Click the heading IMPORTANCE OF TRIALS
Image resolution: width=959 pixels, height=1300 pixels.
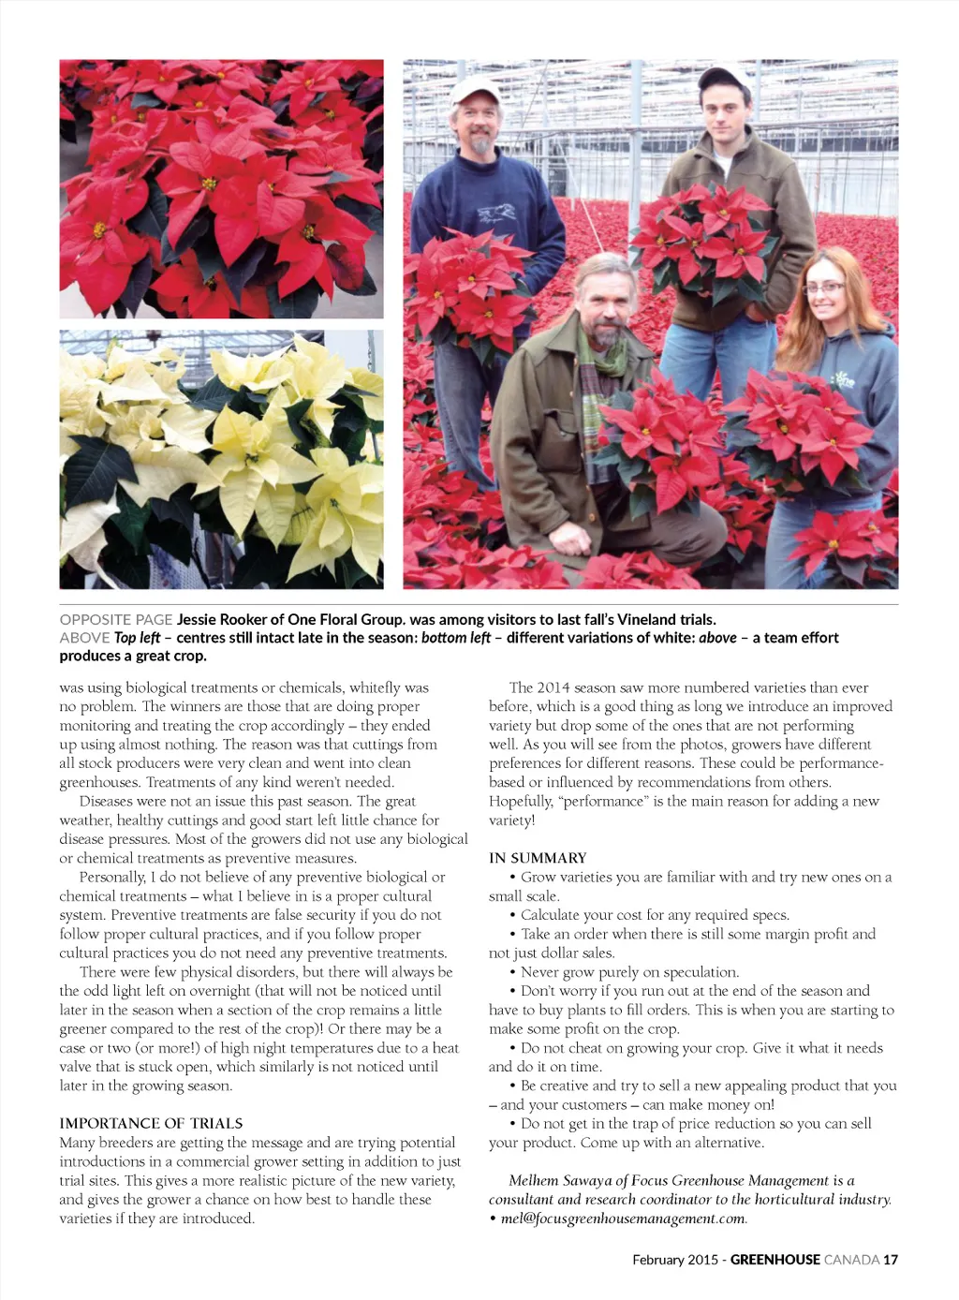151,1123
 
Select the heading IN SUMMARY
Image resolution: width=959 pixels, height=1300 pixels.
538,858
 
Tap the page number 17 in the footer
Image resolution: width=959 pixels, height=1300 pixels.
890,1260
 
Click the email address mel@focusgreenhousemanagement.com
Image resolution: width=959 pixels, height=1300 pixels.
623,1219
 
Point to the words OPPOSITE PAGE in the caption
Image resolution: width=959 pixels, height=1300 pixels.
116,619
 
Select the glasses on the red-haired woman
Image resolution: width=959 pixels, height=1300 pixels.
825,288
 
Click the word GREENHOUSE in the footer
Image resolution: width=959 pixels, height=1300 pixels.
775,1260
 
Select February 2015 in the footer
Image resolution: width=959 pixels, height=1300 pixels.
674,1260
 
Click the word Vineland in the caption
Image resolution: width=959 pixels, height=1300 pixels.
646,619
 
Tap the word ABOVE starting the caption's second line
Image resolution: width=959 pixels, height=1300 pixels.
84,638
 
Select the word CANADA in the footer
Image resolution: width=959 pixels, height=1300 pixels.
851,1260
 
